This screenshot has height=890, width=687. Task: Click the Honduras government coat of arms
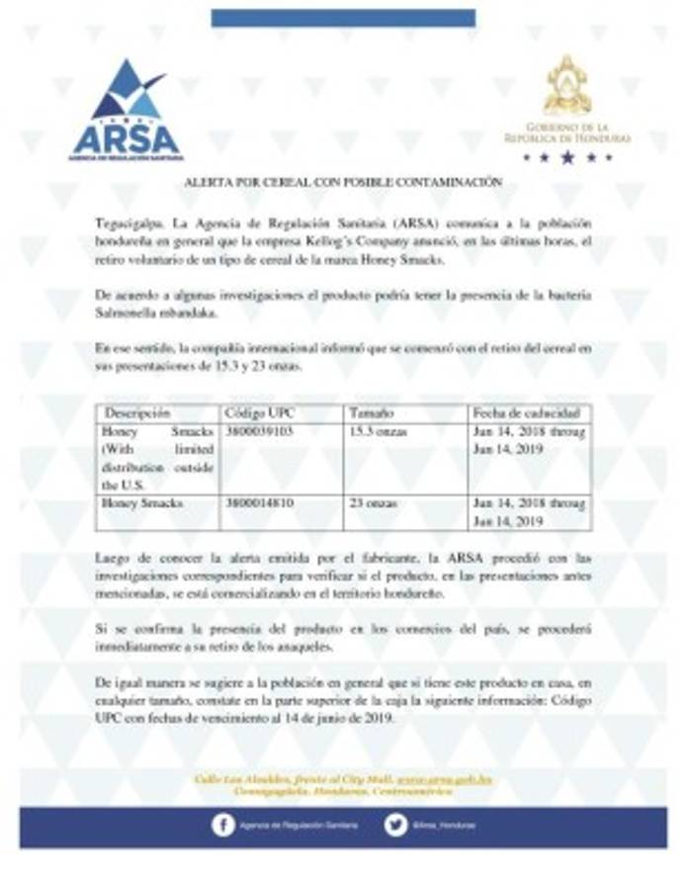[x=567, y=87]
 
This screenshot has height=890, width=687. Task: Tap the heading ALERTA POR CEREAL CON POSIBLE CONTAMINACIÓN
[x=343, y=184]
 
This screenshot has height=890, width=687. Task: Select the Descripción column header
[x=137, y=411]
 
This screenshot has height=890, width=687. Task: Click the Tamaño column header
[x=372, y=411]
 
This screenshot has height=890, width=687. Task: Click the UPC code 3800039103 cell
[x=260, y=432]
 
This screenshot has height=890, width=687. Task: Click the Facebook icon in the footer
[x=223, y=825]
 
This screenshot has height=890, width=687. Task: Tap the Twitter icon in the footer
[x=396, y=825]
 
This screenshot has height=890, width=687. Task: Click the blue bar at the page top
[x=343, y=18]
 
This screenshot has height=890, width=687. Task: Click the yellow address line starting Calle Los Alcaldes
[x=343, y=780]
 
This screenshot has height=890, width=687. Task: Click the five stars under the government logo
[x=567, y=156]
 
